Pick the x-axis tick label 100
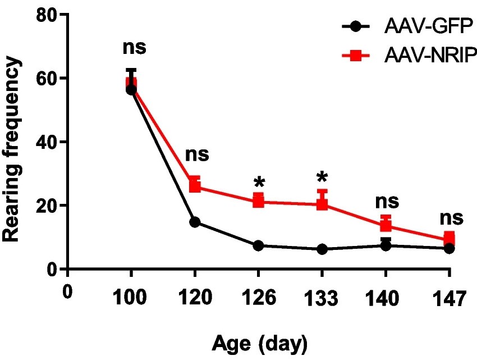tap(131, 298)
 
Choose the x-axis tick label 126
tap(258, 298)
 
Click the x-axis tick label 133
tap(322, 298)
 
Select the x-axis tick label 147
tap(449, 298)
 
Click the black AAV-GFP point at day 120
tap(195, 222)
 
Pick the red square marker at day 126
tap(258, 200)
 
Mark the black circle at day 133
tap(322, 249)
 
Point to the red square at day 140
tap(386, 225)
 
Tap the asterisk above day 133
tap(322, 177)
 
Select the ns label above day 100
tap(134, 47)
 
